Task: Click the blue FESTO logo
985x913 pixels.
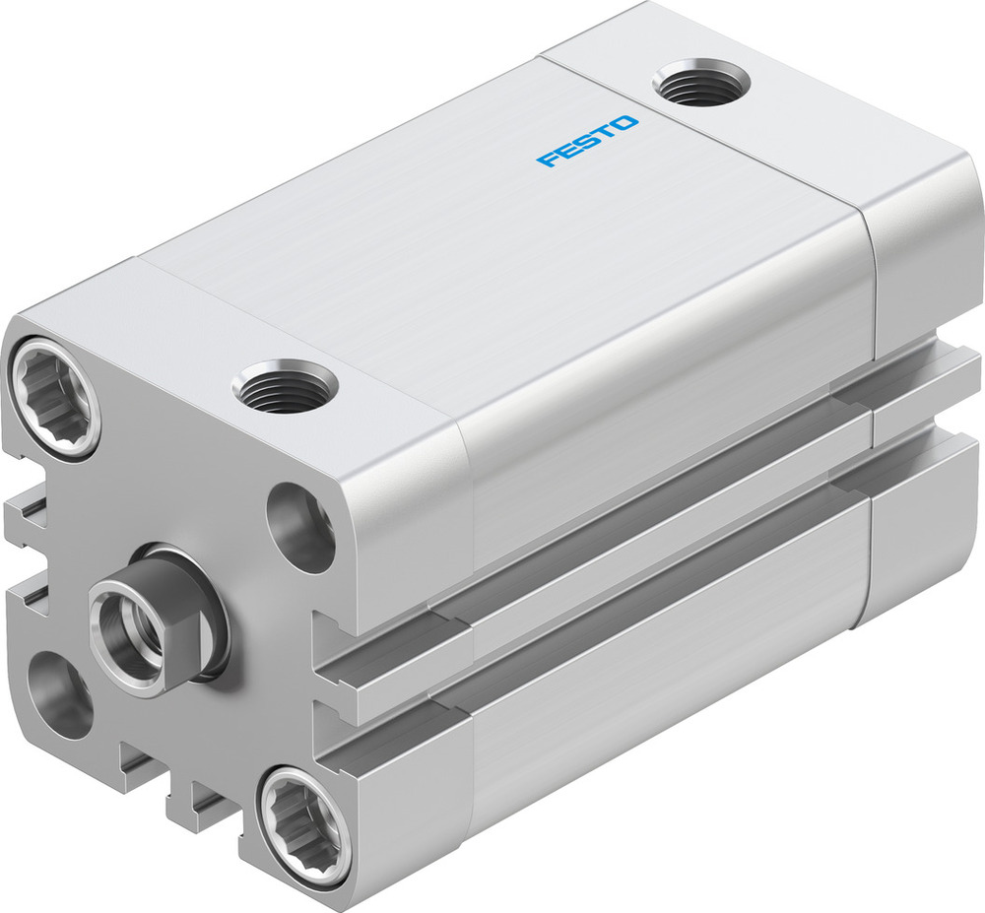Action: tap(587, 142)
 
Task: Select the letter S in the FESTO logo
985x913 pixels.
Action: tap(586, 142)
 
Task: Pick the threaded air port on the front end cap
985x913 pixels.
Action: tap(285, 385)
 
